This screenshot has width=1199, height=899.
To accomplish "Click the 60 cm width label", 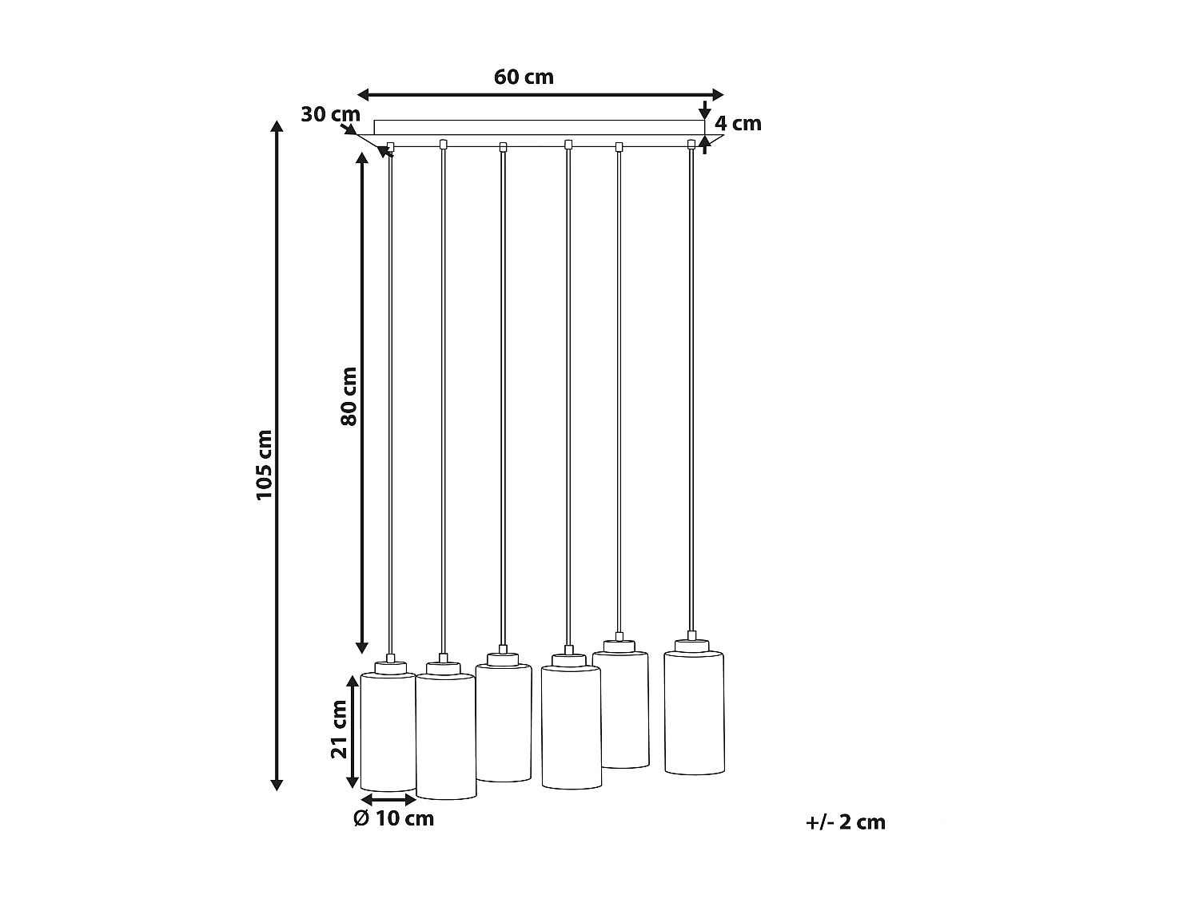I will (x=524, y=77).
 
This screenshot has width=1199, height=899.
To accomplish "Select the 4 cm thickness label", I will (x=737, y=124).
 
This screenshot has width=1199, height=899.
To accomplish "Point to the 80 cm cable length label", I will (x=349, y=396).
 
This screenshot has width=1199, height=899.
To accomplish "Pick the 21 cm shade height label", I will (x=339, y=729).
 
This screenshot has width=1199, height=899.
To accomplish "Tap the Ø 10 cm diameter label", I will (x=393, y=818).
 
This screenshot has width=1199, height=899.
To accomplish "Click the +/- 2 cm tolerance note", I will (x=846, y=822).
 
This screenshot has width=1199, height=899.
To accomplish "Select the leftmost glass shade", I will (x=388, y=731).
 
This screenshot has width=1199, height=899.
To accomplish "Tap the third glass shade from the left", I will (x=504, y=722).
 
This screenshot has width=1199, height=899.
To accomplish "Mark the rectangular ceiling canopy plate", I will (x=539, y=127).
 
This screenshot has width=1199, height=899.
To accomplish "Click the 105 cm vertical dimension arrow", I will (x=277, y=455).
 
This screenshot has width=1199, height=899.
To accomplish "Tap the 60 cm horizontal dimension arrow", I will (x=540, y=94).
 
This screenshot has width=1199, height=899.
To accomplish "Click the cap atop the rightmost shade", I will (x=691, y=645).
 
